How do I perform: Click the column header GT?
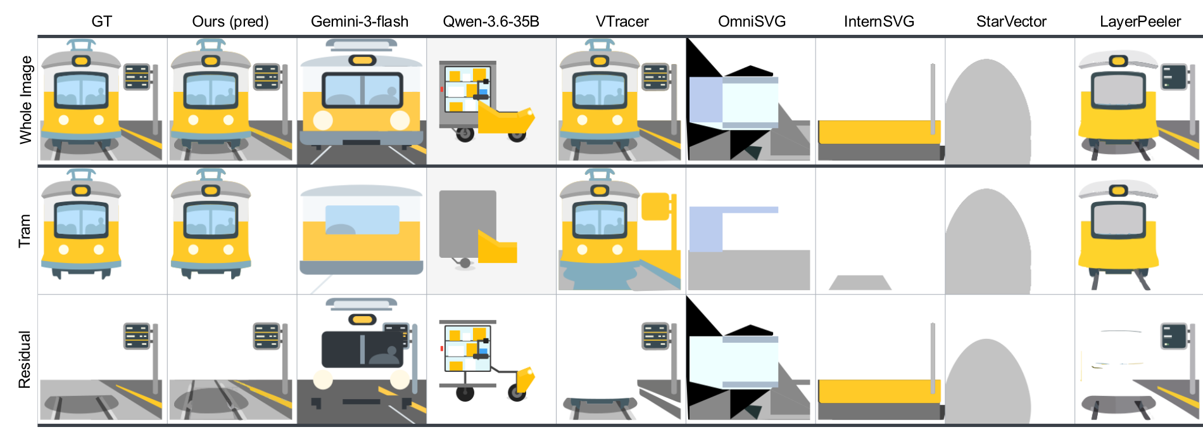tap(101, 22)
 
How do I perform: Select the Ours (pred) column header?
tap(230, 22)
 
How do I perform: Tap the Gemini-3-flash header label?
tap(360, 22)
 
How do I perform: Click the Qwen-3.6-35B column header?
tap(491, 22)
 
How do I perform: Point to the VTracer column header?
tap(622, 22)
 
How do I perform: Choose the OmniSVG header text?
tap(752, 22)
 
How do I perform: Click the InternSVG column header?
tap(879, 22)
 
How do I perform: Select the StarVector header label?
tap(1011, 22)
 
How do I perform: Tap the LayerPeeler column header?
tap(1140, 22)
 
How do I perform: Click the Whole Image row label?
tap(25, 100)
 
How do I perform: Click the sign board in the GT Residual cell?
tap(137, 336)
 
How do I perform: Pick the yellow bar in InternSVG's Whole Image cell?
tap(879, 132)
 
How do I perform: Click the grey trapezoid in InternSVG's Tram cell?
tap(860, 283)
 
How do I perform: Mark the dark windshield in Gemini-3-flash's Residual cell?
tap(362, 348)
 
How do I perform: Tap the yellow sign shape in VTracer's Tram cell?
tap(655, 207)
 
